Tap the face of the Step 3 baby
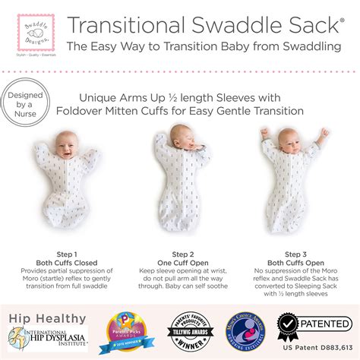coord(290,141)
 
